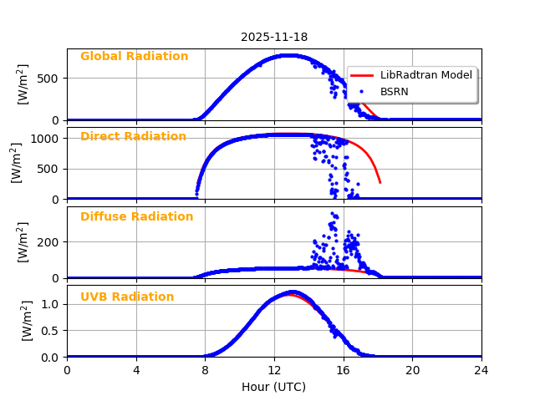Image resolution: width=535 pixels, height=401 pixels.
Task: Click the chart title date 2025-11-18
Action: (x=274, y=37)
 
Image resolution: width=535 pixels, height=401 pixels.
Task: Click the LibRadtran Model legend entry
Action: (x=425, y=75)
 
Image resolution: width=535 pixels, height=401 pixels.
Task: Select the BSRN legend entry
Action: (x=394, y=91)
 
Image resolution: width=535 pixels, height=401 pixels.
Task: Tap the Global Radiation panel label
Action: (x=134, y=57)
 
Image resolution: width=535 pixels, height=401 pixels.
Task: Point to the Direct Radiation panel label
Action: (x=133, y=136)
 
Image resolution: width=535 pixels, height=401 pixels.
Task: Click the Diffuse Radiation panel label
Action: (x=136, y=216)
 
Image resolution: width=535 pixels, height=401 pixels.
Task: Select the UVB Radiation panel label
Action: (x=127, y=297)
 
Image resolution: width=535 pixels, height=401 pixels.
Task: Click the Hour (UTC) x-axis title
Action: (x=274, y=387)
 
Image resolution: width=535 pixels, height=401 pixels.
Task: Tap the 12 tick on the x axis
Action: (x=274, y=370)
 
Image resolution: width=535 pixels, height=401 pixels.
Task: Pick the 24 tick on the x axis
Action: (x=481, y=370)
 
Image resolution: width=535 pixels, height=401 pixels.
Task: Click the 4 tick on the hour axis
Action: (x=136, y=370)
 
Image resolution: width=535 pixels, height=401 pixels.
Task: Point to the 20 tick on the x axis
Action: (x=412, y=370)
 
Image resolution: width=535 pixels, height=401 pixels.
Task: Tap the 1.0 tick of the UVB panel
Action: (x=52, y=304)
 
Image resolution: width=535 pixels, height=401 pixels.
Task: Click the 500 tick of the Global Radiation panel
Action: (x=50, y=79)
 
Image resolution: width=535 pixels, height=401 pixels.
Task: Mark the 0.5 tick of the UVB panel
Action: (x=52, y=331)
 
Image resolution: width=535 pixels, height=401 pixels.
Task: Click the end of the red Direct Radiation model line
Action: (x=380, y=182)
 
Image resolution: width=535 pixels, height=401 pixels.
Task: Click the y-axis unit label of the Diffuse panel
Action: (x=23, y=242)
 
